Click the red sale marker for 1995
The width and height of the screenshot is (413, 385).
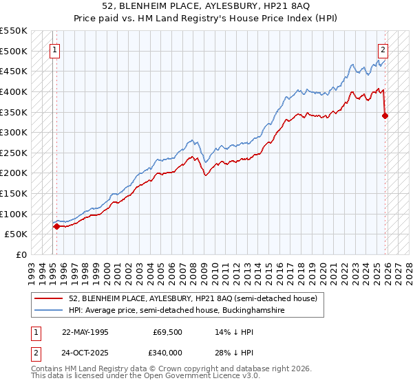[56, 225]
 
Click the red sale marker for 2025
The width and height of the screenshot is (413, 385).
[385, 115]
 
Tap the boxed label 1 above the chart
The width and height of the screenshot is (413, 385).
[54, 49]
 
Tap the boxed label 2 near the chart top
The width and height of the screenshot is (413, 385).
[383, 49]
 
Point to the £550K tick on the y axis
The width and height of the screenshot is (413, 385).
[14, 31]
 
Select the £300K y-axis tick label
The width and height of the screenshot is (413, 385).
[14, 132]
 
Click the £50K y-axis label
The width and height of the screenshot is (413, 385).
[17, 234]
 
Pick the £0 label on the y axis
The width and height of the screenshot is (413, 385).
[22, 254]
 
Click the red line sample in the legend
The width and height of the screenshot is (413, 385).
[50, 299]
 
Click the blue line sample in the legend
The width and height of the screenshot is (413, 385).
[50, 311]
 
